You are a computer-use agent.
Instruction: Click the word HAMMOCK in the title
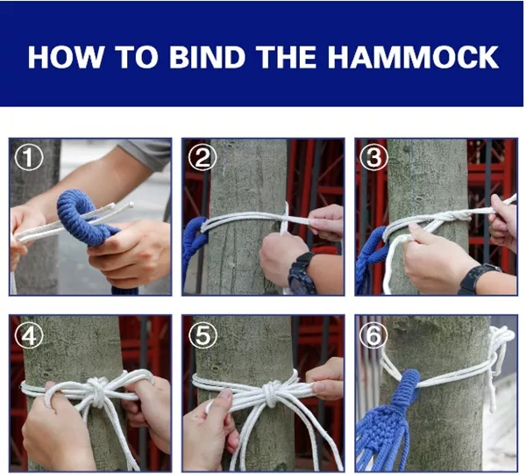[x=413, y=57]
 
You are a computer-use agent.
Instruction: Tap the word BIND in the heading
[x=207, y=57]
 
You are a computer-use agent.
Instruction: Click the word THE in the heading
[x=288, y=57]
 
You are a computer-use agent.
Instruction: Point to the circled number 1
[x=29, y=157]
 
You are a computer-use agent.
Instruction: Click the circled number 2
[x=202, y=157]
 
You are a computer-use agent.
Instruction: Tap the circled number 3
[x=374, y=157]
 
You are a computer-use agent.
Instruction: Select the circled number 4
[x=29, y=335]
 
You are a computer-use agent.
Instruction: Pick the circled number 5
[x=203, y=335]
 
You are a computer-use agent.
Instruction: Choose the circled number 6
[x=373, y=335]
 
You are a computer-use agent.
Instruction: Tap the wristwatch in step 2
[x=301, y=273]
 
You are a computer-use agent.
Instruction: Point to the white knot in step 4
[x=97, y=391]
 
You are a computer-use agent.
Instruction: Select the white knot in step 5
[x=273, y=392]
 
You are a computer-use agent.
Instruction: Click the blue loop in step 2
[x=195, y=235]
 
